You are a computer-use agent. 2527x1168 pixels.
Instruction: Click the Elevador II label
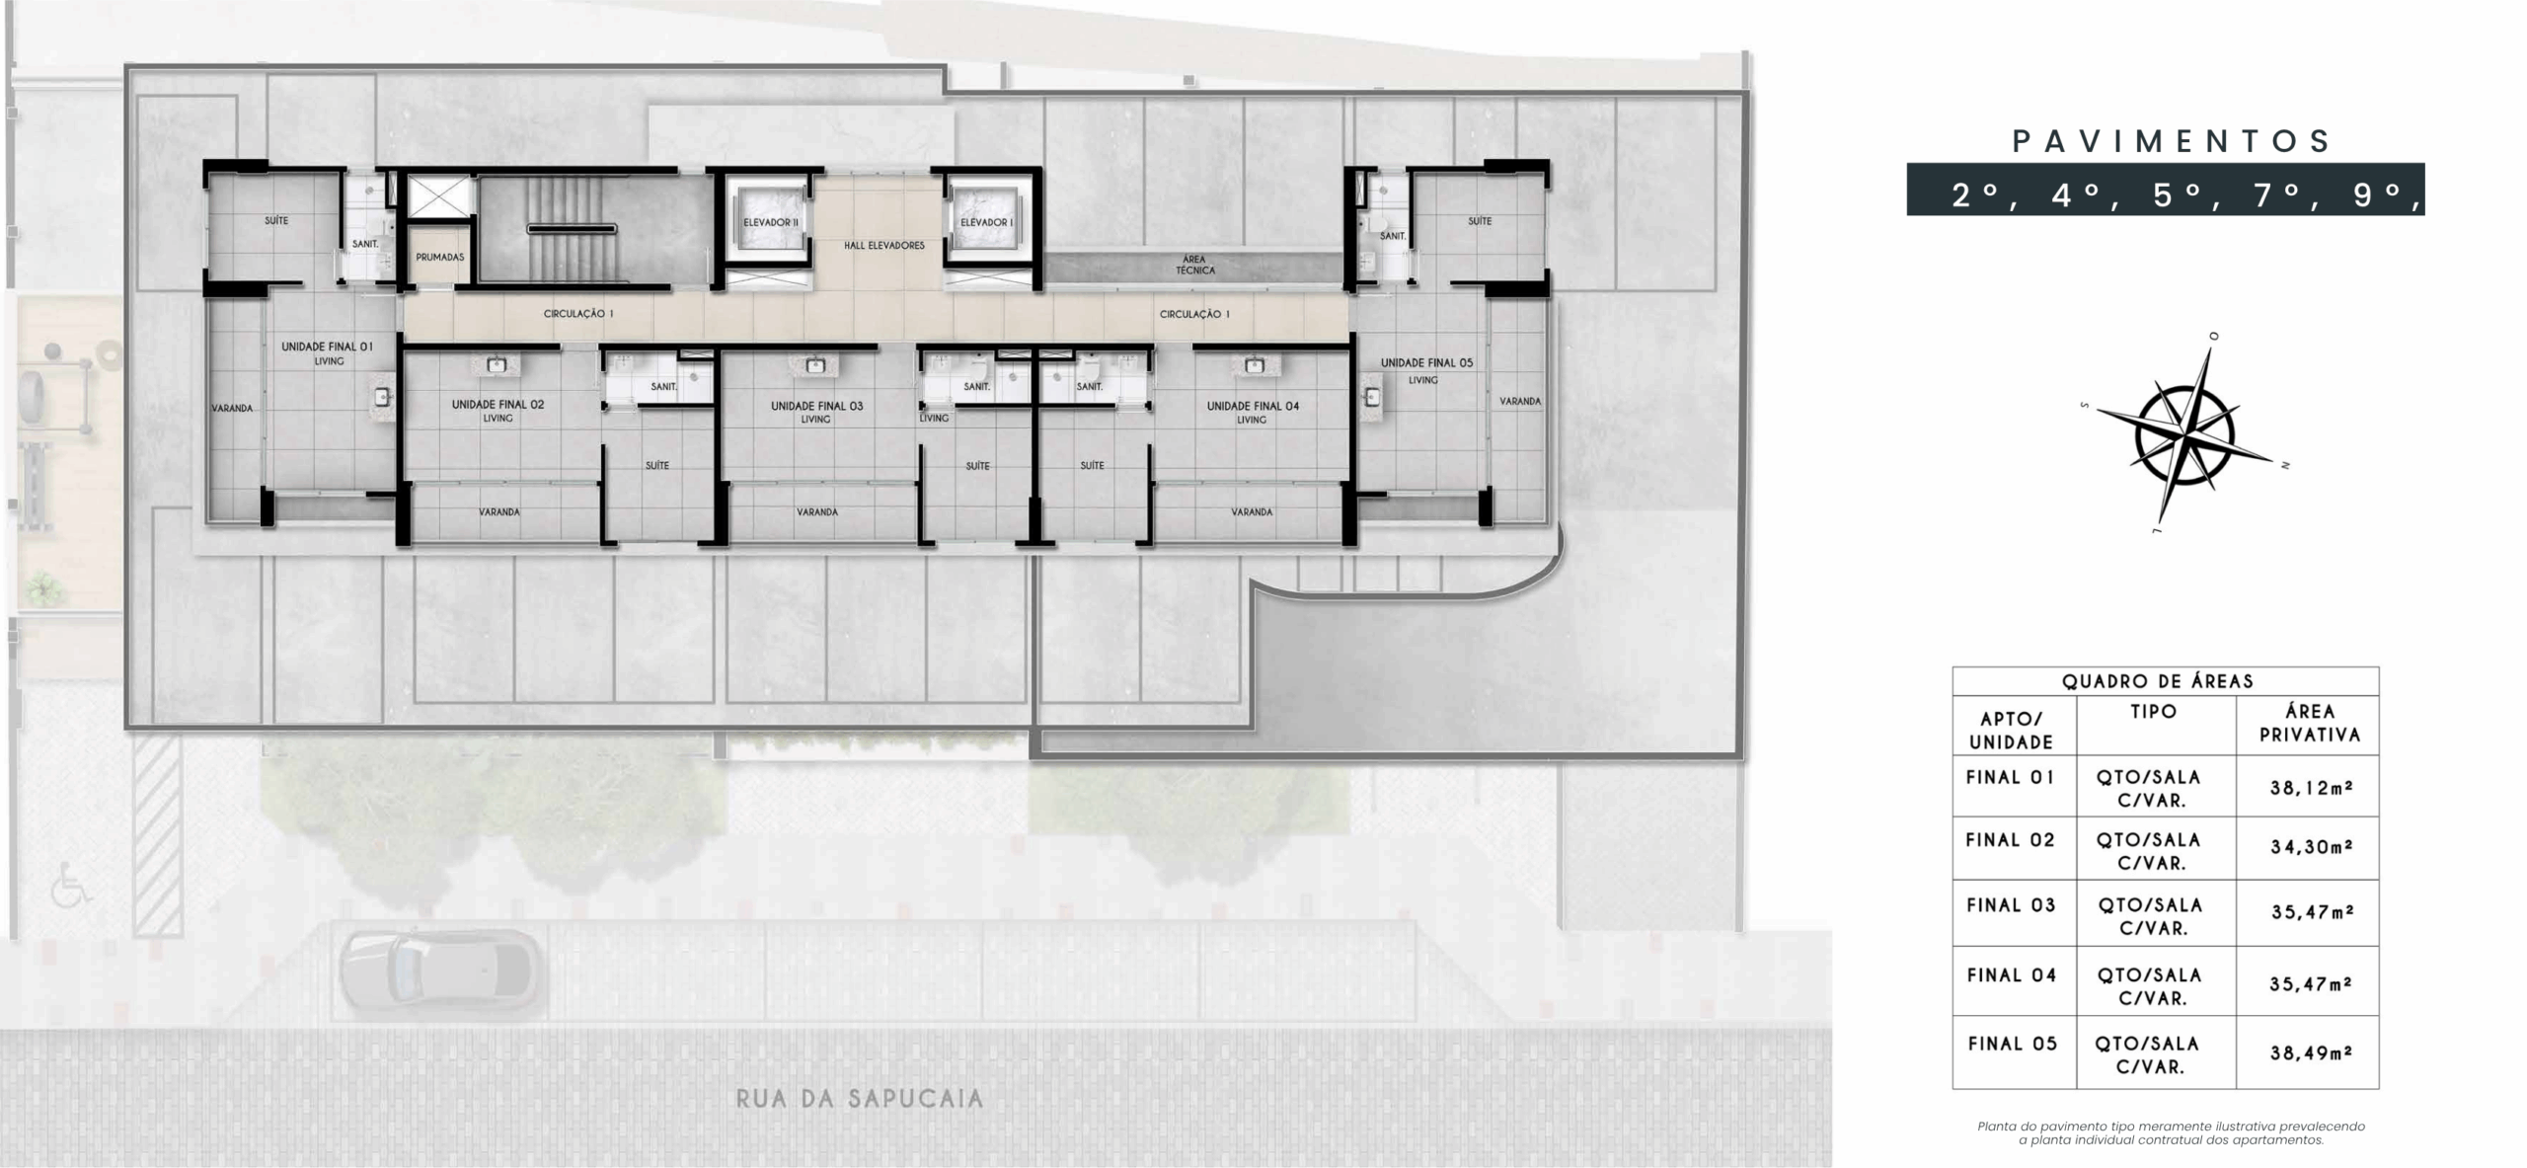pos(771,222)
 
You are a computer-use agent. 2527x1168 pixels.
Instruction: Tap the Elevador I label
pos(985,222)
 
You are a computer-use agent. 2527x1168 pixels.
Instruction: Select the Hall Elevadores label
pos(884,245)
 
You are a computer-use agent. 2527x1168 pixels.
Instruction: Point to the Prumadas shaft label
pos(440,257)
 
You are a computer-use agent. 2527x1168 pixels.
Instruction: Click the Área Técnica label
pos(1194,265)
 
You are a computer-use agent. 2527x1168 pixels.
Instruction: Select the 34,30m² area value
pos(2312,847)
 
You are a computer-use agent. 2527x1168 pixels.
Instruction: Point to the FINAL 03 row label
pos(2012,905)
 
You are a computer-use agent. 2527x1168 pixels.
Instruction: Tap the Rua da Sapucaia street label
pos(860,1099)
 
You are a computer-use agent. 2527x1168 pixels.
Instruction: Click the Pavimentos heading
pos(2172,141)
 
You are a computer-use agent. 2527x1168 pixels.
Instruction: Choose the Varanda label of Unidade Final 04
pos(1252,512)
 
